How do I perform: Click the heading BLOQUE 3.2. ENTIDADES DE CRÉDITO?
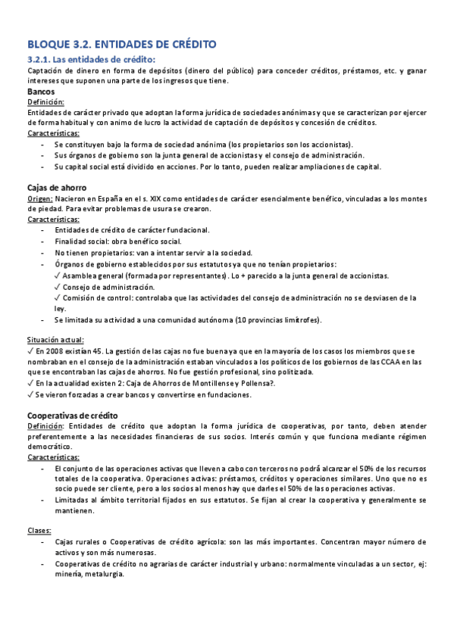pos(121,45)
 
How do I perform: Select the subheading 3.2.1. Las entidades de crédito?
pos(91,59)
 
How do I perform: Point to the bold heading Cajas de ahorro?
pos(57,187)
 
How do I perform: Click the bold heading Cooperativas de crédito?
pos(73,415)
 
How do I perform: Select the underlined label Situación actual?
pos(55,340)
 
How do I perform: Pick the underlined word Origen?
pos(40,198)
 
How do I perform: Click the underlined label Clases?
pos(40,531)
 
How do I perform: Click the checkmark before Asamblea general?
pos(58,276)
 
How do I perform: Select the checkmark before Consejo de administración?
pos(58,287)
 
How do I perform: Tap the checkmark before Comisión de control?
pos(58,298)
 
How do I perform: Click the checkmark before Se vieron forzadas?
pos(30,394)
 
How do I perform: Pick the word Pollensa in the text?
pos(254,384)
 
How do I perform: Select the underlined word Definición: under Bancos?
pos(45,102)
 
